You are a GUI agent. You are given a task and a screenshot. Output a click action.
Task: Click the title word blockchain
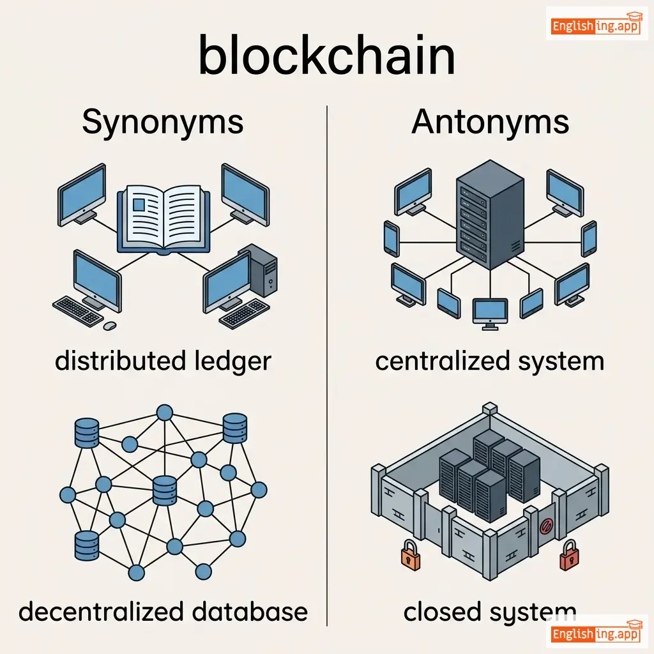click(x=327, y=56)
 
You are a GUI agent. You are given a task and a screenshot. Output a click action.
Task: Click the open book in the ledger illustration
click(x=163, y=217)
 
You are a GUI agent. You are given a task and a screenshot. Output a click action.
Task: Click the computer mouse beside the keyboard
click(x=110, y=325)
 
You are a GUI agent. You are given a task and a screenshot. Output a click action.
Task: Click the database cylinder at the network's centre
click(x=164, y=491)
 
